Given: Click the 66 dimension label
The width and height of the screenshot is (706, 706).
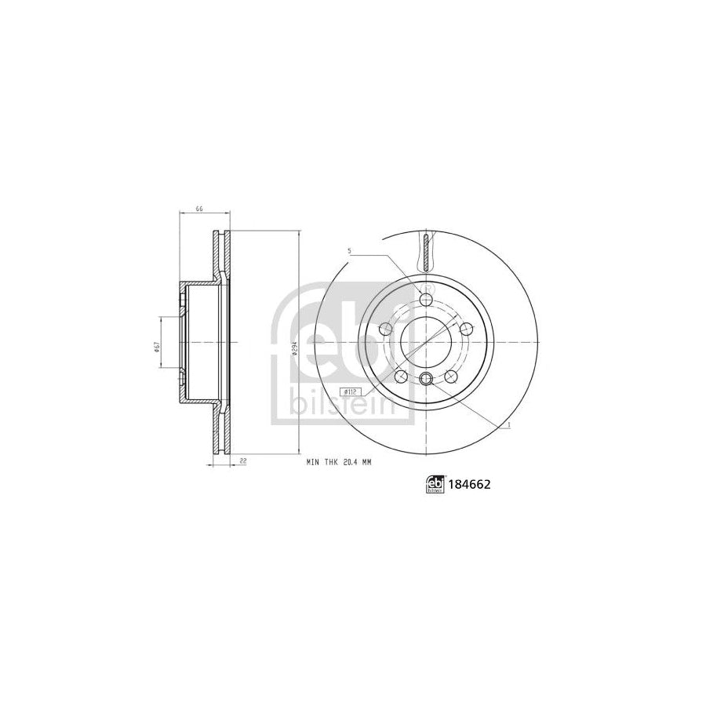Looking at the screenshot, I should pos(199,209).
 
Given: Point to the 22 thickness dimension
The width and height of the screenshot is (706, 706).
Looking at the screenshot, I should pos(245,463).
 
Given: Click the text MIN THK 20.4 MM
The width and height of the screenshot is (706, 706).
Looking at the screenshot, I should pos(338,463).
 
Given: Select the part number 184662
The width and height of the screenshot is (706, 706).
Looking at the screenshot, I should pos(470,485).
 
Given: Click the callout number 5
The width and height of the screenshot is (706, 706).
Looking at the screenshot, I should pos(350,251).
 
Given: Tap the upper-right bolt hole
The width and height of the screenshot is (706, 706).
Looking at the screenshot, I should pos(467,329).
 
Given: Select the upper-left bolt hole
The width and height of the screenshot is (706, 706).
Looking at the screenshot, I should pos(385,329).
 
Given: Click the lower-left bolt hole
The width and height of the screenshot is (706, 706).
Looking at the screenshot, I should pos(402,377).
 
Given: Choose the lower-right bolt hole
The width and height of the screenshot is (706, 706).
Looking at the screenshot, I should pos(450,377).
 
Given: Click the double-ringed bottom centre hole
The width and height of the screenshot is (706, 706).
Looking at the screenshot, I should pos(426,380).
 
